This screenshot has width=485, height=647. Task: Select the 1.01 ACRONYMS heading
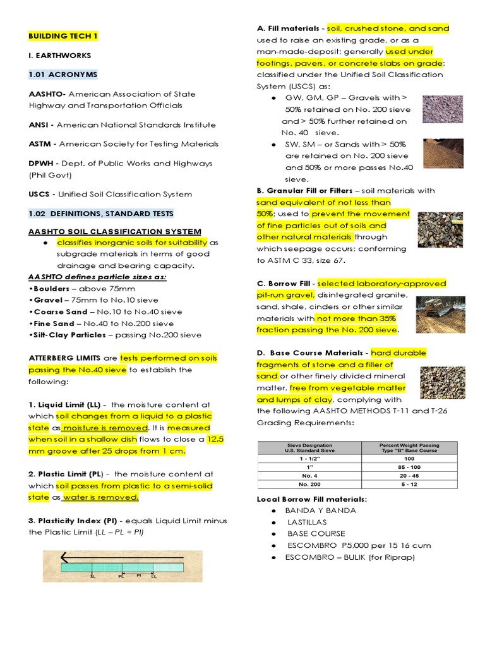(x=63, y=75)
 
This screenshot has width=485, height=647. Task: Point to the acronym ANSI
(x=39, y=124)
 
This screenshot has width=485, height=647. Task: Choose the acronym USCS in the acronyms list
(x=40, y=194)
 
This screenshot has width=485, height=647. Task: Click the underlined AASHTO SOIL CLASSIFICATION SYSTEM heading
(x=115, y=232)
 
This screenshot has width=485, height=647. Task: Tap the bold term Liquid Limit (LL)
(x=69, y=404)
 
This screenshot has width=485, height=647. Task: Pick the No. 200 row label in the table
(x=309, y=484)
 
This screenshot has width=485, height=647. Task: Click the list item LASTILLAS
(x=308, y=522)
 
